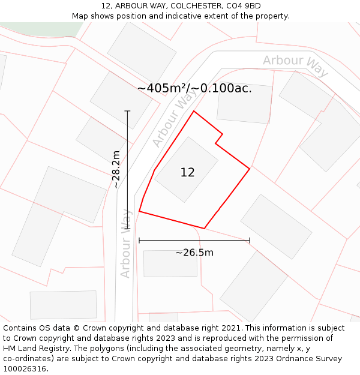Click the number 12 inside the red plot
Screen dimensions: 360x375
click(187, 173)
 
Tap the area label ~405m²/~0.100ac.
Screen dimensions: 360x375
click(194, 89)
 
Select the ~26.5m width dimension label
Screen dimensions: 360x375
click(194, 253)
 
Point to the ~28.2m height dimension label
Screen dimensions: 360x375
click(116, 170)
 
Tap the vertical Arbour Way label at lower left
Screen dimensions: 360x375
click(125, 242)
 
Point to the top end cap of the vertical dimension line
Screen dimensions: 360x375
click(127, 111)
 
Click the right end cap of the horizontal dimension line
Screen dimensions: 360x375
click(250, 241)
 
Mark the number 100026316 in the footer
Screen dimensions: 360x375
click(24, 368)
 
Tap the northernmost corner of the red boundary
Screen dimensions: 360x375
click(193, 111)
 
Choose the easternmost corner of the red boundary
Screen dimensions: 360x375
click(250, 169)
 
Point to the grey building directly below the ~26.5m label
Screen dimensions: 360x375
click(170, 263)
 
